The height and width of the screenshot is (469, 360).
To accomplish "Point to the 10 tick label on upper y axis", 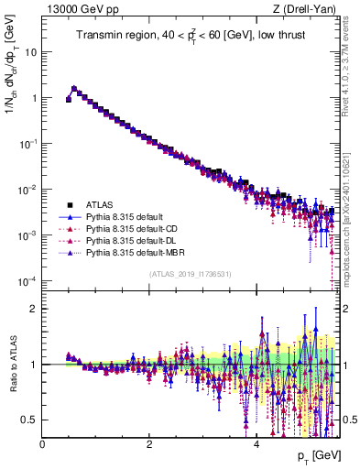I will (x=30, y=51).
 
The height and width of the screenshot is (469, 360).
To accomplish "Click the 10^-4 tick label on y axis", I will (x=27, y=280).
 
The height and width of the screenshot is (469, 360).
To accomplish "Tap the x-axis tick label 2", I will (x=149, y=443).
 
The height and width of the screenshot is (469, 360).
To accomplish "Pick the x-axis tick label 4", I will (x=256, y=443).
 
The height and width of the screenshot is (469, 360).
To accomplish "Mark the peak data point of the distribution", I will (x=74, y=89).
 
